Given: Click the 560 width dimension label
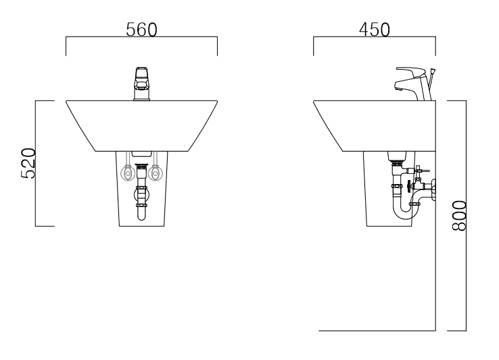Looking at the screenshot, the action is (x=141, y=30).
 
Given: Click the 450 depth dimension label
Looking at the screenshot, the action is (x=375, y=30).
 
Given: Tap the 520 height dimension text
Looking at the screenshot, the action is (x=28, y=163).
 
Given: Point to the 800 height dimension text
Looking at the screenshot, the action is (x=459, y=215).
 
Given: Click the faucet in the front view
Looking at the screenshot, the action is (x=141, y=84).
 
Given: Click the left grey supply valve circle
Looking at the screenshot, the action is (x=128, y=174).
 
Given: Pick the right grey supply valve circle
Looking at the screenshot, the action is (x=156, y=174).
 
